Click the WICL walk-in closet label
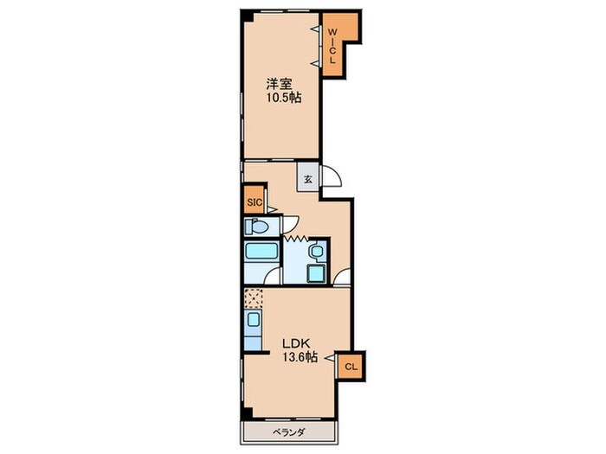tap(332, 47)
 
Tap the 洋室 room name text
tap(279, 84)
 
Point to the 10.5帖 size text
tap(283, 98)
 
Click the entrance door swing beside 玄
tap(332, 176)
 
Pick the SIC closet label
tap(255, 201)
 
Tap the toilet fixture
tap(256, 227)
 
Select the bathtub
tap(262, 251)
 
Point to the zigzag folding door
tap(296, 238)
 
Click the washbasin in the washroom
tap(317, 252)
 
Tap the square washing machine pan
tap(317, 274)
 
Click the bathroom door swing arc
tap(271, 276)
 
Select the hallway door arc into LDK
tap(342, 277)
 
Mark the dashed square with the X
tap(254, 298)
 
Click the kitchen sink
tap(254, 320)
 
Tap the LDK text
tap(296, 343)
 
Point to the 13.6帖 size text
tap(300, 357)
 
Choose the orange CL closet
tap(351, 367)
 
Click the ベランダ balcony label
tap(288, 432)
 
